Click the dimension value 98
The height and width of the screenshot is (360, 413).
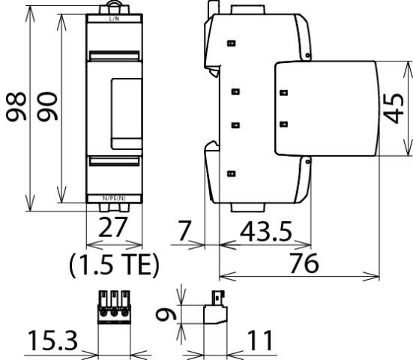[x=16, y=106]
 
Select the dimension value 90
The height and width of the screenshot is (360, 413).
[x=47, y=106]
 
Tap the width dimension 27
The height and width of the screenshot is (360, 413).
[x=112, y=227]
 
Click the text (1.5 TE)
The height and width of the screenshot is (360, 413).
[x=114, y=265]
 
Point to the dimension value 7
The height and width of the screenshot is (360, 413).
[x=184, y=231]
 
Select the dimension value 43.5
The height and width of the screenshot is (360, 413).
[x=266, y=232]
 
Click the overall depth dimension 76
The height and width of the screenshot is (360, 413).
[x=304, y=262]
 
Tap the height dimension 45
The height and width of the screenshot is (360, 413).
[x=394, y=108]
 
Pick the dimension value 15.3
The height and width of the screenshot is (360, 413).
[x=52, y=340]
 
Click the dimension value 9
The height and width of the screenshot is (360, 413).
[x=166, y=315]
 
